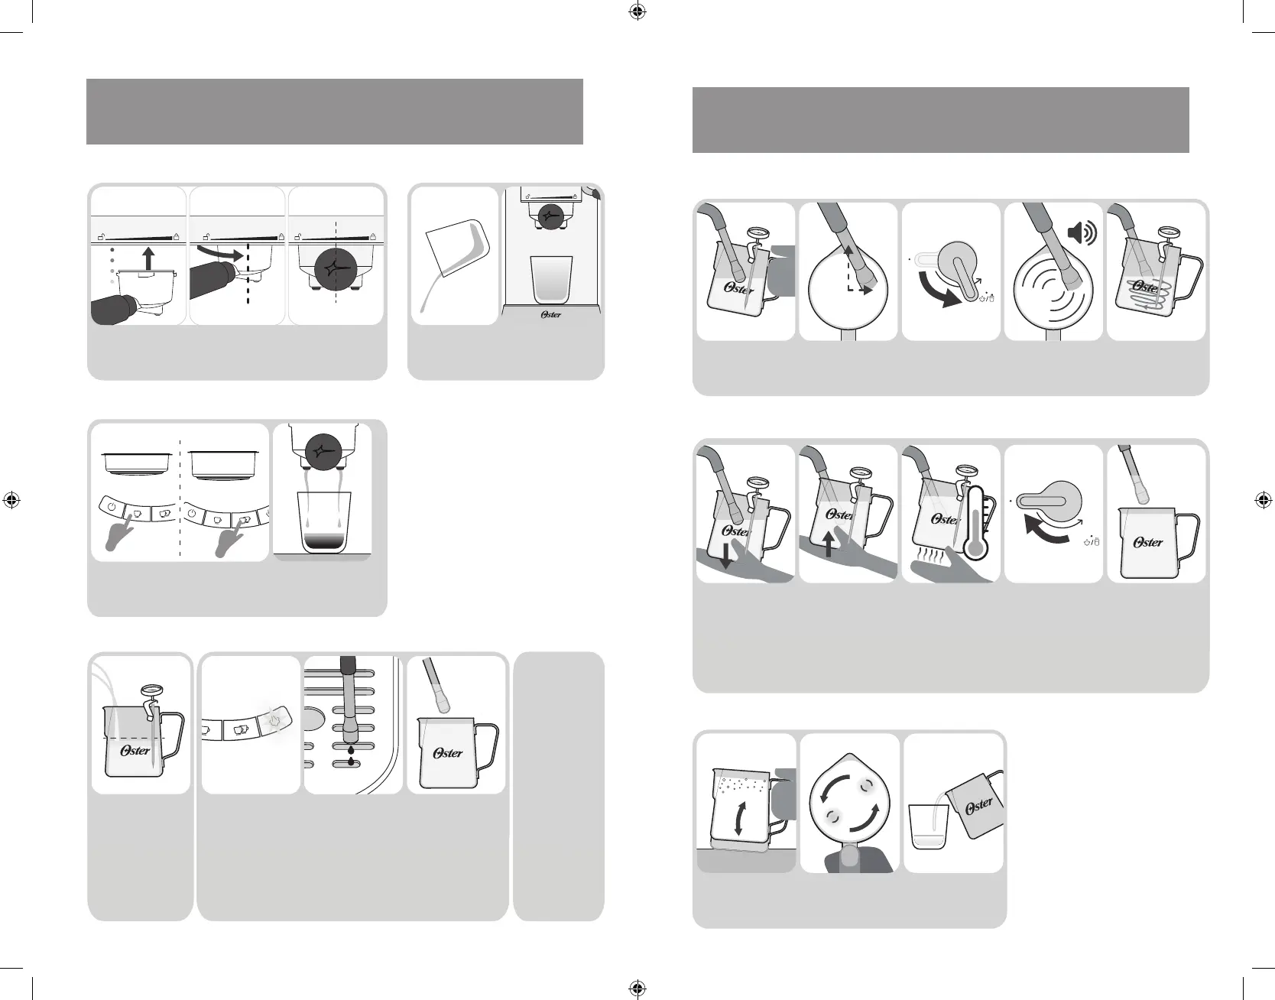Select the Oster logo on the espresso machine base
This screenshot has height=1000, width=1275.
tap(550, 314)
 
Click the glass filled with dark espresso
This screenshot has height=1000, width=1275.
tap(323, 522)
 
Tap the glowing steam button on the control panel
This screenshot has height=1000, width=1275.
tap(275, 721)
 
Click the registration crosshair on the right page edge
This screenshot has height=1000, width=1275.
tap(1263, 500)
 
